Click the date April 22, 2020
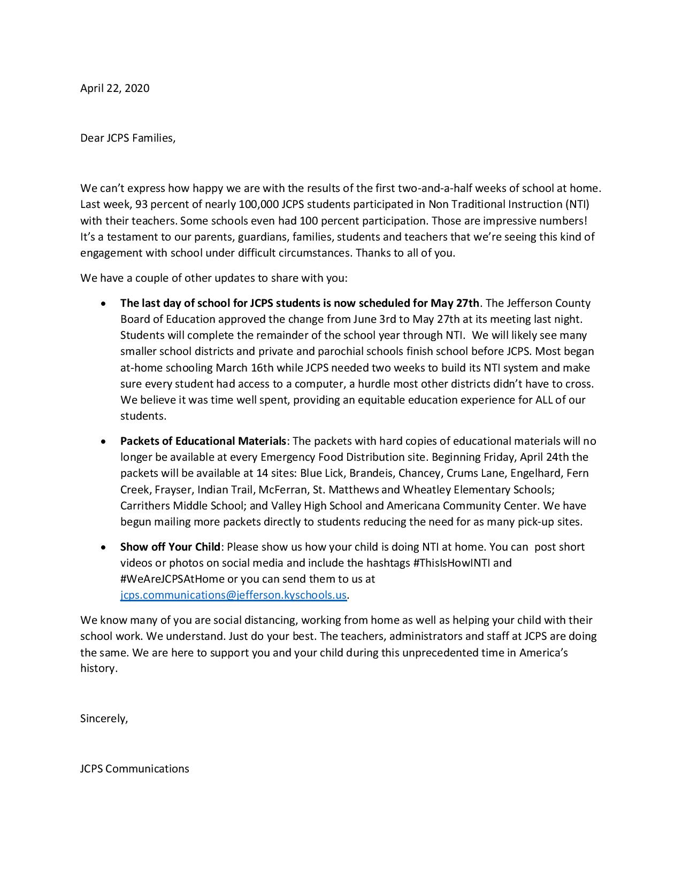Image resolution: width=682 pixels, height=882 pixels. (114, 88)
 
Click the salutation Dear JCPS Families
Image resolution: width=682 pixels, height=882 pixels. (127, 138)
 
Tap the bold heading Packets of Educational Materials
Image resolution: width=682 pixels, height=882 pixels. (203, 441)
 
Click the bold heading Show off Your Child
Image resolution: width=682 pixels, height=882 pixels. (170, 547)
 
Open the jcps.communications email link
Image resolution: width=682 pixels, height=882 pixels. (233, 595)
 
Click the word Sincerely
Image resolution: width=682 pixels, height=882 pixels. (104, 718)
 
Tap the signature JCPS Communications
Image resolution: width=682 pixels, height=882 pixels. (134, 769)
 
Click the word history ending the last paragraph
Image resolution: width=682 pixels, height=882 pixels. (98, 668)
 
